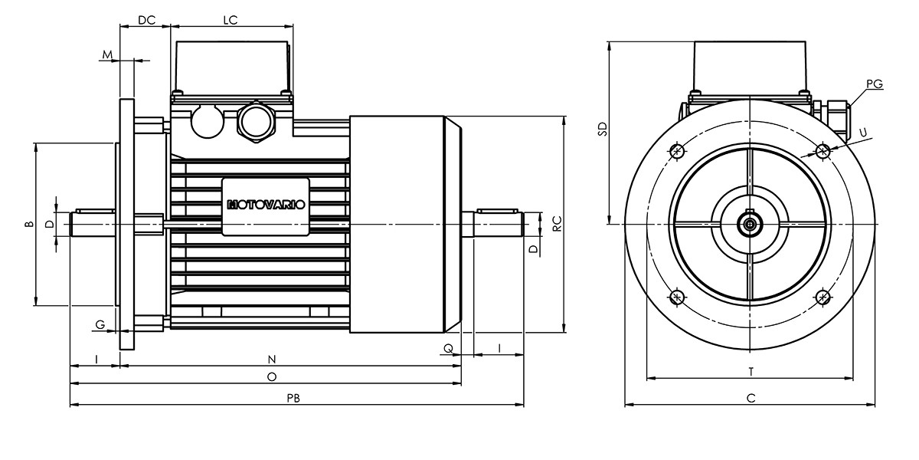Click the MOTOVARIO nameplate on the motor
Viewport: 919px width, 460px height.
coord(266,206)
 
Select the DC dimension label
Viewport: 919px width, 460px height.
coord(146,20)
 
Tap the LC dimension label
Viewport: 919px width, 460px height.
coord(231,20)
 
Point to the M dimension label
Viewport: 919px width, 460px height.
coord(107,54)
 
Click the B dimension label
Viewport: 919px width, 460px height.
coord(29,224)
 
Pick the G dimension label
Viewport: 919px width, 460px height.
coord(100,324)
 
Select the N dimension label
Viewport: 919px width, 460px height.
coord(272,360)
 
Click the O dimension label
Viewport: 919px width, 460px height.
coord(272,376)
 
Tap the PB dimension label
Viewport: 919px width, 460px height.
coord(293,398)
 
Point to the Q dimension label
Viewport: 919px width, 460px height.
coord(449,348)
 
